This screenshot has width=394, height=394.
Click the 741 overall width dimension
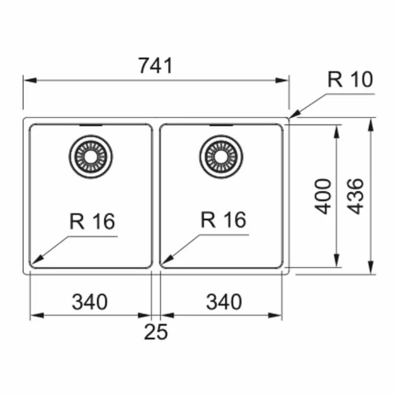pyautogui.click(x=156, y=66)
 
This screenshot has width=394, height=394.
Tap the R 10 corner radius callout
pyautogui.click(x=351, y=79)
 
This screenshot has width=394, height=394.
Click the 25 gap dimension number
pyautogui.click(x=156, y=333)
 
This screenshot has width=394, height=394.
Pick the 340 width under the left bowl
pyautogui.click(x=90, y=302)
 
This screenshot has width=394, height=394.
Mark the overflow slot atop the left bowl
pyautogui.click(x=91, y=126)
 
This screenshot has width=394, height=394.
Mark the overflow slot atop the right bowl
pyautogui.click(x=221, y=126)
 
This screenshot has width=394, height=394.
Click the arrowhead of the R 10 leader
pyautogui.click(x=293, y=116)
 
